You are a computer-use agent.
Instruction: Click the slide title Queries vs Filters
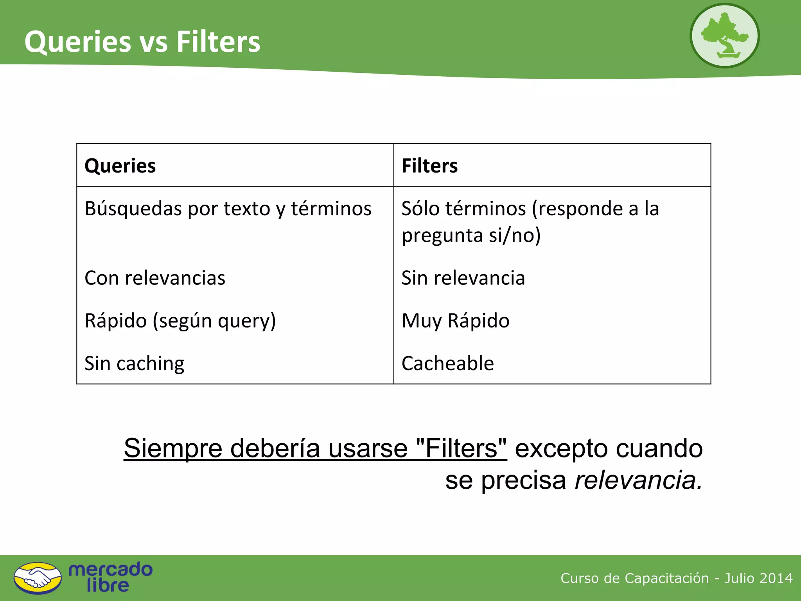point(142,41)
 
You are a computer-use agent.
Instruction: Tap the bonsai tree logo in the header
point(724,36)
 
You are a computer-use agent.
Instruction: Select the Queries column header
point(120,166)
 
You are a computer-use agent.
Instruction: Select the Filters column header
point(429,166)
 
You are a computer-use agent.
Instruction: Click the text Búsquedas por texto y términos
point(228,209)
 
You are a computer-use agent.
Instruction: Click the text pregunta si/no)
point(471,236)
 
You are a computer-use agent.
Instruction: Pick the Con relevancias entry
point(155,278)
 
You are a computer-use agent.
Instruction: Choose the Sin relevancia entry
point(463,278)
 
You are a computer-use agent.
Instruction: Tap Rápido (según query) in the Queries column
point(180,321)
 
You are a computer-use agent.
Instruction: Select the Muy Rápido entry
point(456,321)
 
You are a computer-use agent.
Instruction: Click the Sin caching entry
point(134,363)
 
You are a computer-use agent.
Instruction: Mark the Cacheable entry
point(448,363)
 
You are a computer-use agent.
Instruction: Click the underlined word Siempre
point(173,448)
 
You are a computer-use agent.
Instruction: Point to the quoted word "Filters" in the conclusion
point(462,448)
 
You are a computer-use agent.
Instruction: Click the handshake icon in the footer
point(38,578)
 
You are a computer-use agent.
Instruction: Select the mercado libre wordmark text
point(110,578)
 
